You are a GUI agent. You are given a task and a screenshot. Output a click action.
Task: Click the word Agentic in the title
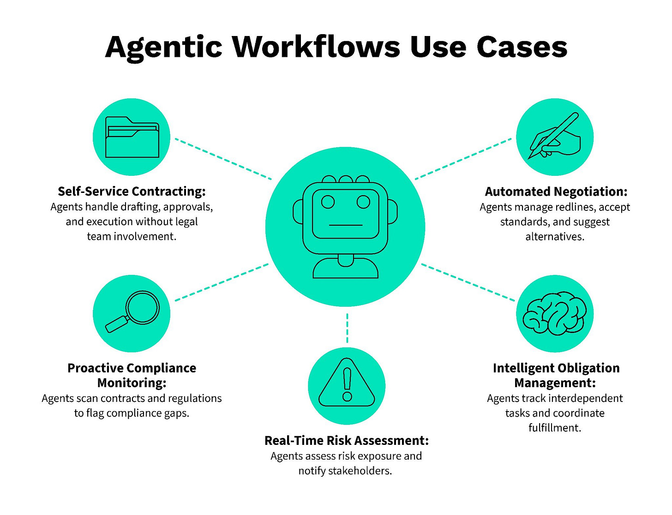pyautogui.click(x=164, y=47)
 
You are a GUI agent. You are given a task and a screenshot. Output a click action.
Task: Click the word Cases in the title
pyautogui.click(x=522, y=47)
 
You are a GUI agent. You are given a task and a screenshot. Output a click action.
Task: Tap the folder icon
pyautogui.click(x=132, y=137)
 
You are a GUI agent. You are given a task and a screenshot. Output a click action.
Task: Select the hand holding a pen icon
pyautogui.click(x=555, y=137)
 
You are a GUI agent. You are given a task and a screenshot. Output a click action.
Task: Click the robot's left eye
pyautogui.click(x=328, y=202)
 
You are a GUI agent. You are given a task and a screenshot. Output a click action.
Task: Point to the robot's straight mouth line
pyautogui.click(x=346, y=225)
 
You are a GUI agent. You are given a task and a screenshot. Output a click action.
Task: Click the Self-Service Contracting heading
pyautogui.click(x=132, y=192)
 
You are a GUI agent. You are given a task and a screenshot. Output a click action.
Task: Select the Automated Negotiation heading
pyautogui.click(x=556, y=192)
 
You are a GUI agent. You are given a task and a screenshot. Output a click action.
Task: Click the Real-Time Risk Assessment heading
pyautogui.click(x=346, y=441)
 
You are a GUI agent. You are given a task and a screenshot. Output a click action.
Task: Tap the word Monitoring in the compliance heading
pyautogui.click(x=132, y=383)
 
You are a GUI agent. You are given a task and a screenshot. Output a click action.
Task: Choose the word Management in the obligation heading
pyautogui.click(x=555, y=383)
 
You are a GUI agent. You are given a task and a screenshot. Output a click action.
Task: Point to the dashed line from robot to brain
pyautogui.click(x=468, y=282)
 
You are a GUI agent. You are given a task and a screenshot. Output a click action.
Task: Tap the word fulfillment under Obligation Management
pyautogui.click(x=555, y=428)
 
